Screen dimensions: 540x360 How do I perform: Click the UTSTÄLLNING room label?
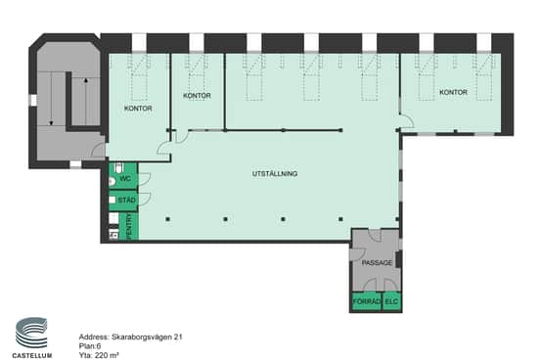click(275, 173)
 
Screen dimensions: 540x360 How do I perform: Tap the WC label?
click(125, 179)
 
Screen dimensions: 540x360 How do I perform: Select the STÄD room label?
click(126, 201)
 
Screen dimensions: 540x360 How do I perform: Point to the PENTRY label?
click(129, 226)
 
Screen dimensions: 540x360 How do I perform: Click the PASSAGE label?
click(377, 263)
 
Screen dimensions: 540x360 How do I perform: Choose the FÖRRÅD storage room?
click(367, 301)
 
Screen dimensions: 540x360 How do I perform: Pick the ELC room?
click(391, 301)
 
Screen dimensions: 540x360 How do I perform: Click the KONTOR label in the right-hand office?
click(453, 92)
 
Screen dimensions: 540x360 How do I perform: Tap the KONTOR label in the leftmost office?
click(138, 109)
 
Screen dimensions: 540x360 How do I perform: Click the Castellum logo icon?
click(31, 333)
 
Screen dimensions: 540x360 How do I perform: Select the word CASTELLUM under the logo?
click(32, 355)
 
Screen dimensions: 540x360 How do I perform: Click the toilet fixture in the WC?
click(118, 167)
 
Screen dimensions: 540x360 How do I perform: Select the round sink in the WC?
click(112, 182)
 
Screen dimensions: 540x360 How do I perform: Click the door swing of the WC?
click(145, 177)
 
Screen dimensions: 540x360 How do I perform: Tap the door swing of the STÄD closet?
click(145, 199)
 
